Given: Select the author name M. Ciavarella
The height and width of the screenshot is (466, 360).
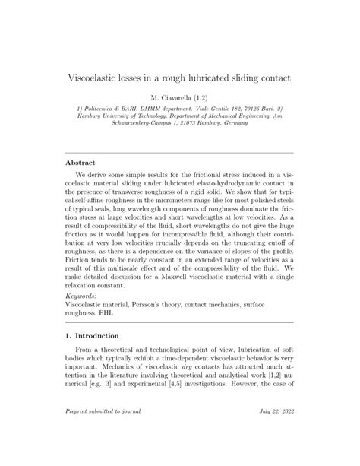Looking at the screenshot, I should point(171,99).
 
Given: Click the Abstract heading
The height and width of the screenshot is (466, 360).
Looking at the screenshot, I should point(81,162).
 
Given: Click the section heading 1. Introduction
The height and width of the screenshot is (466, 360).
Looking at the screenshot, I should point(92,335).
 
